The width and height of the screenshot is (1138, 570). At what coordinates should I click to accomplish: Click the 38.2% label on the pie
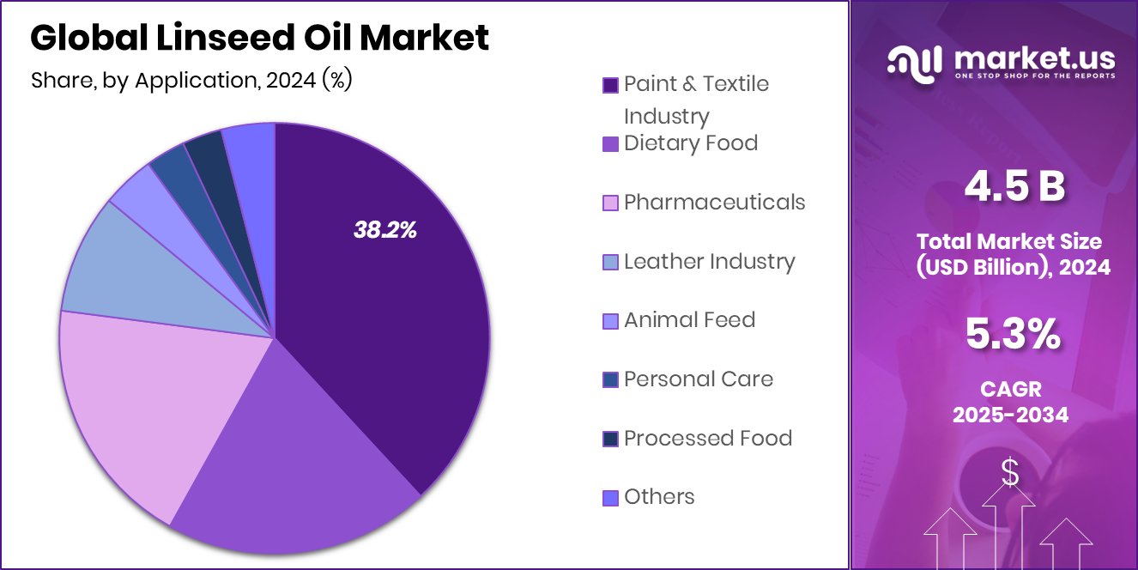pyautogui.click(x=384, y=229)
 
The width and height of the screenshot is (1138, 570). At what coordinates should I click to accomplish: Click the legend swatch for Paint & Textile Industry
pyautogui.click(x=610, y=85)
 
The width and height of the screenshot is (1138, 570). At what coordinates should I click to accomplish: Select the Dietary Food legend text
pyautogui.click(x=690, y=142)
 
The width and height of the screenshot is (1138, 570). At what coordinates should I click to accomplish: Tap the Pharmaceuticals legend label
pyautogui.click(x=714, y=202)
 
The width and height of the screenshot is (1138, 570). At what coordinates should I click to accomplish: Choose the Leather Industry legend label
pyautogui.click(x=709, y=261)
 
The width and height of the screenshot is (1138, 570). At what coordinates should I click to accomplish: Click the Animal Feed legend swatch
pyautogui.click(x=610, y=321)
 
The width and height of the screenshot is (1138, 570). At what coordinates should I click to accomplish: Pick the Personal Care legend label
pyautogui.click(x=698, y=379)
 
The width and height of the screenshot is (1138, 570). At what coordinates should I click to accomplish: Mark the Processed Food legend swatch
pyautogui.click(x=610, y=439)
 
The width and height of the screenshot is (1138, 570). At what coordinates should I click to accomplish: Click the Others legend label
pyautogui.click(x=658, y=497)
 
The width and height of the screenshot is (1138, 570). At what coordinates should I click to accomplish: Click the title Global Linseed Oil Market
pyautogui.click(x=259, y=38)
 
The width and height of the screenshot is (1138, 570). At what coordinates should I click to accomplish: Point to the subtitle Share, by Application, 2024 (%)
pyautogui.click(x=191, y=81)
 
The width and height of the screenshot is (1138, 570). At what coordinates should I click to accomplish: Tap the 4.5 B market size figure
pyautogui.click(x=1014, y=187)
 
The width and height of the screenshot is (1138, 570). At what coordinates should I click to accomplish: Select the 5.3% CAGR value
pyautogui.click(x=1013, y=334)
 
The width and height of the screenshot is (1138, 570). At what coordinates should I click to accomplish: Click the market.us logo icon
pyautogui.click(x=915, y=61)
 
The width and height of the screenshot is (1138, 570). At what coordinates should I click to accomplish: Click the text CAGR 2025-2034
pyautogui.click(x=1011, y=403)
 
